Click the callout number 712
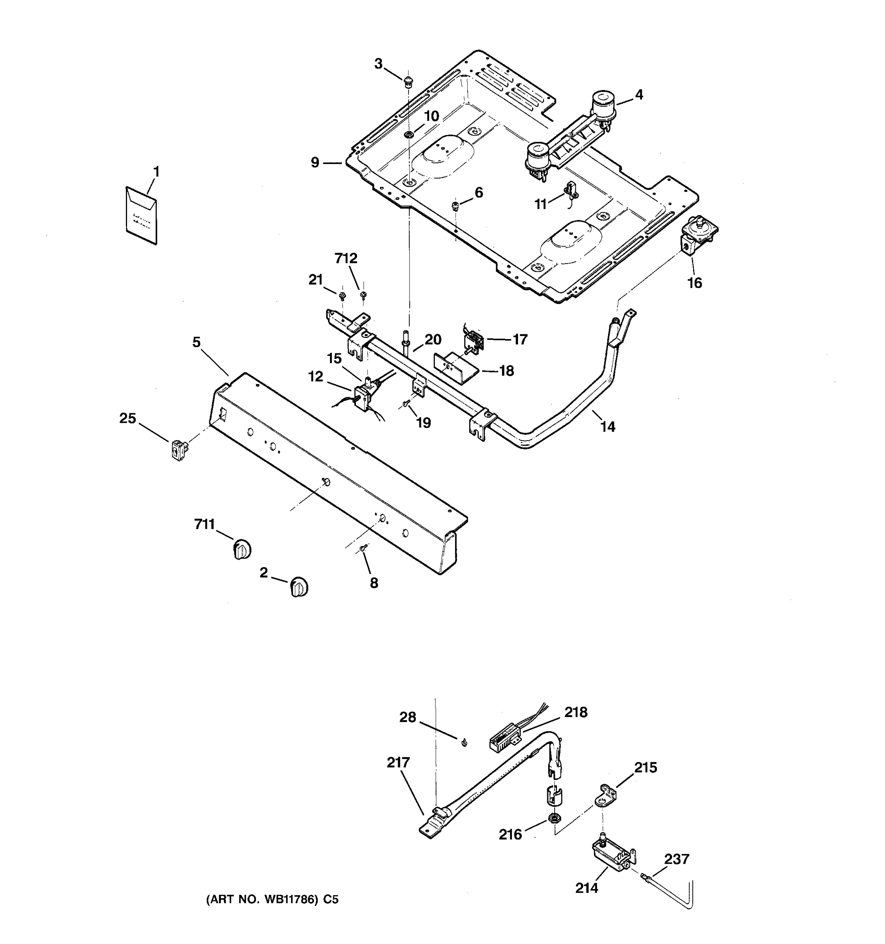point(346,258)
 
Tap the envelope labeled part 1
point(141,216)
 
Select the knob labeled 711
point(242,549)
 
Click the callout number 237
point(676,859)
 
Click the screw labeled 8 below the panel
point(363,548)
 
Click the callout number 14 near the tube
point(608,427)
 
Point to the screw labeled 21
point(342,296)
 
